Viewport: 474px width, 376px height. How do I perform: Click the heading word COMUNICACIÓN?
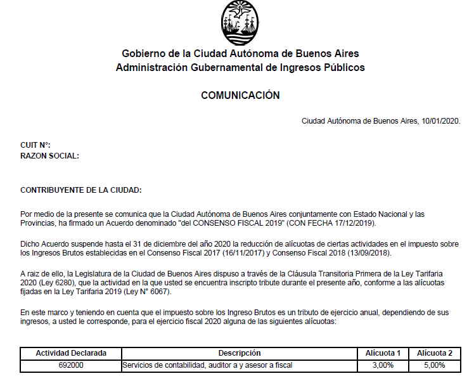[240, 96]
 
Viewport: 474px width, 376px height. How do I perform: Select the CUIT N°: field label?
[35, 145]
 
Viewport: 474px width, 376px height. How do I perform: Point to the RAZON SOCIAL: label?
[50, 155]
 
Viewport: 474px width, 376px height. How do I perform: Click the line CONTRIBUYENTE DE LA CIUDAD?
[81, 190]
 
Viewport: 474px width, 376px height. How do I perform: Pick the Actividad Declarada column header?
[71, 353]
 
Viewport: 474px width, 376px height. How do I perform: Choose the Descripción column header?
[240, 353]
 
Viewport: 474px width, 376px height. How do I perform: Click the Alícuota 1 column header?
[383, 353]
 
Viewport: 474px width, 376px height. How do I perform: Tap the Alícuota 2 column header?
[434, 353]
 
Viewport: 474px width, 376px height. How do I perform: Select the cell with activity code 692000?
[71, 365]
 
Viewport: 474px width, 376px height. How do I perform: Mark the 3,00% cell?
[383, 365]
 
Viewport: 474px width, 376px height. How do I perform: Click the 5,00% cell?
[434, 365]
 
